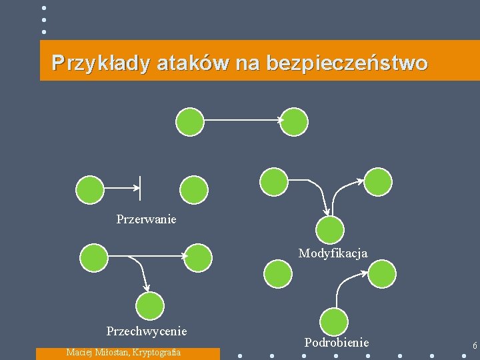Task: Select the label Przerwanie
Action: [x=146, y=219]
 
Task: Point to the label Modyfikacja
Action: [x=333, y=253]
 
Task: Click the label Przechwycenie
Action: [x=147, y=331]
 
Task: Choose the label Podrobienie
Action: [x=337, y=342]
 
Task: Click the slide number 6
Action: [x=474, y=345]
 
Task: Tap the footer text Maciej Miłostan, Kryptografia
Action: [x=123, y=352]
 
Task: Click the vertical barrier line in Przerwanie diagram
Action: [x=139, y=188]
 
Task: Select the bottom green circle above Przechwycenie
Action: [x=150, y=306]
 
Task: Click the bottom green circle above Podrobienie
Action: [x=334, y=322]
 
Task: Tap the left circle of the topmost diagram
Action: [x=189, y=122]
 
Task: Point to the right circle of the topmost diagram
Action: [x=294, y=122]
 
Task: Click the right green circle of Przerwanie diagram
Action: [x=195, y=189]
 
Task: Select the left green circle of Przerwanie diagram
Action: [x=90, y=189]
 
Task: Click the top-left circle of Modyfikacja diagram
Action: [x=273, y=180]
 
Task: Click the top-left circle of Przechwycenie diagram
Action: [x=93, y=257]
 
